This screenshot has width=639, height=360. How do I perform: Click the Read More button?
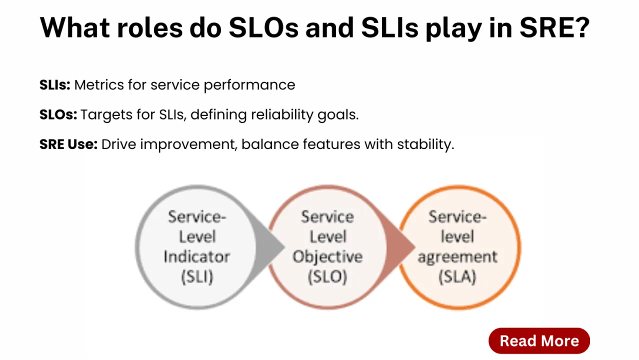click(x=539, y=341)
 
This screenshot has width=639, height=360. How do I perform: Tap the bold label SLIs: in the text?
click(x=55, y=84)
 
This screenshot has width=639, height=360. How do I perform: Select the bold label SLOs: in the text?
click(x=58, y=114)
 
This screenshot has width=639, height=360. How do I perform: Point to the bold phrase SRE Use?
click(x=68, y=144)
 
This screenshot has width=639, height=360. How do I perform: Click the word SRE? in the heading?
click(x=554, y=27)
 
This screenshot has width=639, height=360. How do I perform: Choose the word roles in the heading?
click(x=150, y=27)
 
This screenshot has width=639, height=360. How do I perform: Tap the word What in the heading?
click(x=74, y=27)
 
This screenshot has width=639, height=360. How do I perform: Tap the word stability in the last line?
click(x=424, y=145)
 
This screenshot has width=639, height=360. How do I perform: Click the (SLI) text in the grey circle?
click(x=197, y=276)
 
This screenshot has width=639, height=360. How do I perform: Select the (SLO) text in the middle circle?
click(x=327, y=276)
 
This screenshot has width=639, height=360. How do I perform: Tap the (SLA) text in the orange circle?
click(x=457, y=276)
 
